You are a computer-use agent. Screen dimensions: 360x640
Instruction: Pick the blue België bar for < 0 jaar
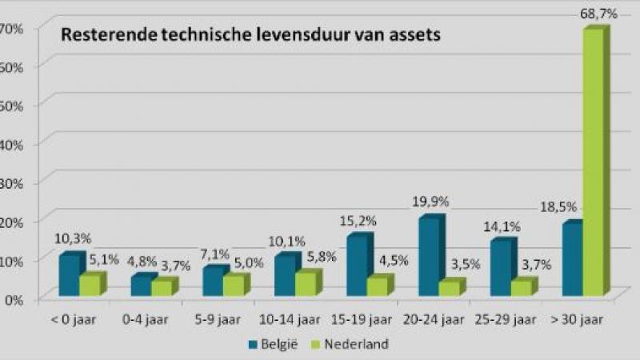pos(69,276)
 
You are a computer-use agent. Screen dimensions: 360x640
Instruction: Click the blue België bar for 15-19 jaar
pos(357,266)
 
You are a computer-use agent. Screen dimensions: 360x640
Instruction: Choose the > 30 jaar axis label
pos(575,320)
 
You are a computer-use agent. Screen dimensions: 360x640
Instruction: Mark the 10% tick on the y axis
pos(11,260)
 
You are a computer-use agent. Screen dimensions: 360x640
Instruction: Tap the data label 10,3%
pos(71,238)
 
